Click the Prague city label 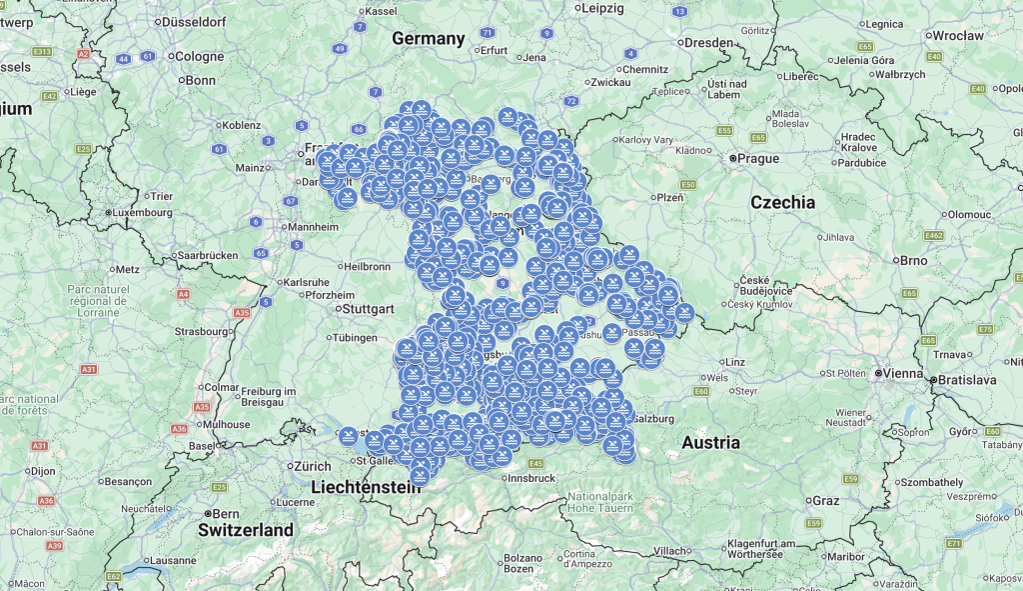pos(758,158)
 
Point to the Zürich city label pos(312,466)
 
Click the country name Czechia pos(782,202)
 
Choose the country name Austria pos(710,442)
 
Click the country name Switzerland pos(245,530)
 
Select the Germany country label pos(429,39)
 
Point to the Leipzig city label pos(601,8)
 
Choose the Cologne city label pos(200,56)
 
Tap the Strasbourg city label pos(201,331)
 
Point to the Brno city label pos(913,260)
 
